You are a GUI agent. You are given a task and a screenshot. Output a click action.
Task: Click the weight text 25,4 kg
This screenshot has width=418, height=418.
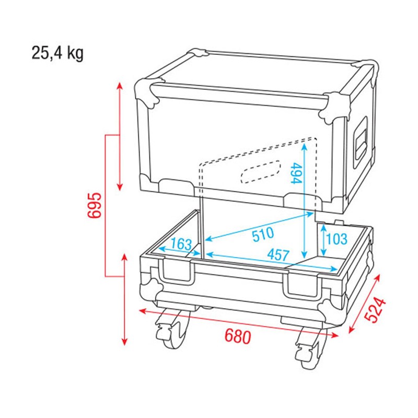coord(57,53)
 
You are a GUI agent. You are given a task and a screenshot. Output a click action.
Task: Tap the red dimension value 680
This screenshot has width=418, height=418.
coord(237,336)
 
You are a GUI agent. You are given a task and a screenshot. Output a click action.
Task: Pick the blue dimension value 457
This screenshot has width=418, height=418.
coord(277,256)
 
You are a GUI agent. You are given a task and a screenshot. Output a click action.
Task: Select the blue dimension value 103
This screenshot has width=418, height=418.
coord(336,239)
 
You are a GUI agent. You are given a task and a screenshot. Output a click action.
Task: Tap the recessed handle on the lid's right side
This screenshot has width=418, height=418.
coord(360,139)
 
